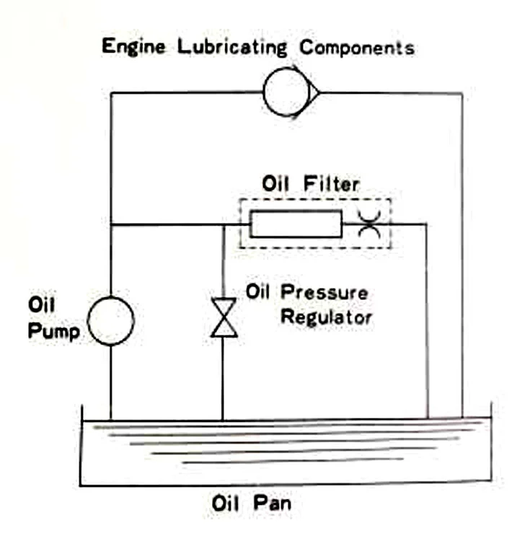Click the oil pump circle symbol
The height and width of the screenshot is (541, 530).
(110, 320)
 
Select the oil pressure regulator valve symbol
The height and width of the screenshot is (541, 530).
(222, 317)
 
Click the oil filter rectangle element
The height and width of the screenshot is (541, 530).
(296, 224)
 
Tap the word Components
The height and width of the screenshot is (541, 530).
(357, 49)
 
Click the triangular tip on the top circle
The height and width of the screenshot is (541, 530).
(314, 92)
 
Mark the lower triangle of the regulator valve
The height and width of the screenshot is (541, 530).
(222, 327)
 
